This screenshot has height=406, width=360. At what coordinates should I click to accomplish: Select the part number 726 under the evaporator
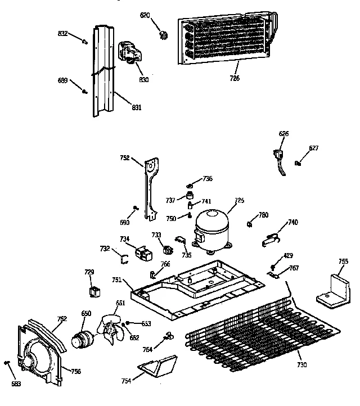tap(234, 78)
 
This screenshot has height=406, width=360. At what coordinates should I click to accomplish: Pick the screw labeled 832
tap(85, 40)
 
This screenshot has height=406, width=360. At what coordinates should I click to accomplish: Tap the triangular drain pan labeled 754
tap(158, 367)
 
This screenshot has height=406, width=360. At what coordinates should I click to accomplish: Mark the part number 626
tap(283, 133)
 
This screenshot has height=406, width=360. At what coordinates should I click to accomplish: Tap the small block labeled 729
tap(94, 291)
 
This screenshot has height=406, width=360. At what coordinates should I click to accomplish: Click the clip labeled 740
tap(273, 238)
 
